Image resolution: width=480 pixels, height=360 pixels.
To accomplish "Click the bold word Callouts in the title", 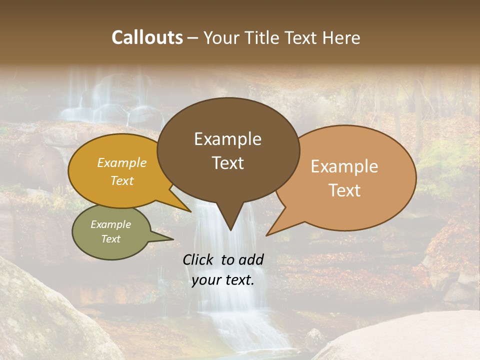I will coord(147,37).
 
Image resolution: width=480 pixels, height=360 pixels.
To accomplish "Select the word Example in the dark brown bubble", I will coord(227,139).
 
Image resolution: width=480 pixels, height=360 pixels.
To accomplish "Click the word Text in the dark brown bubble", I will coord(228,162).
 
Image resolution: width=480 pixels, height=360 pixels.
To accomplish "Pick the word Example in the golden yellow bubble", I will coord(121,162).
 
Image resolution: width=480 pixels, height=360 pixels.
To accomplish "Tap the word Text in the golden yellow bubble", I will coord(122,180).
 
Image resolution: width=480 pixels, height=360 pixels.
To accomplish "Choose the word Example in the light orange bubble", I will coord(344,166).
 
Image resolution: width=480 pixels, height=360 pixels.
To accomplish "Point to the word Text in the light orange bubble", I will coord(345,190).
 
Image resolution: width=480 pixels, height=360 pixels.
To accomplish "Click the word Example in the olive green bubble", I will coord(110,224).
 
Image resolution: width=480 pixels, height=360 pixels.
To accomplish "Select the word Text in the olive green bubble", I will coord(110,239).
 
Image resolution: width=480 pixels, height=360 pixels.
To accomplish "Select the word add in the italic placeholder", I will coord(251,259).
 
